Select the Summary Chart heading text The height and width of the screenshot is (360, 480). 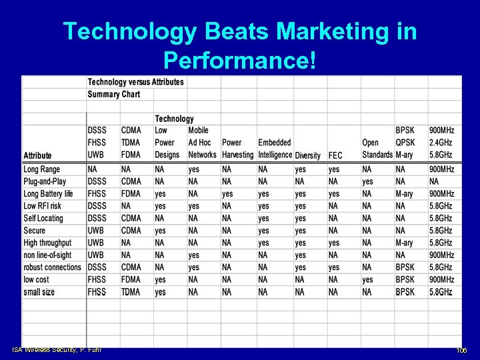click(x=113, y=94)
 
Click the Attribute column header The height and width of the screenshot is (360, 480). click(x=37, y=155)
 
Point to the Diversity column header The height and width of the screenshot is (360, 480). click(x=307, y=155)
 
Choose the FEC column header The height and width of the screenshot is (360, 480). click(x=335, y=155)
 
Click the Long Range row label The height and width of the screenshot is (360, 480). click(x=41, y=169)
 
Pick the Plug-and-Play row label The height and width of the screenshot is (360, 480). click(x=45, y=181)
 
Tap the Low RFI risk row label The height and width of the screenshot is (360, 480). click(x=43, y=206)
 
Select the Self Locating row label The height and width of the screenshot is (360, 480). click(x=43, y=218)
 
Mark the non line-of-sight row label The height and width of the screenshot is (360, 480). click(x=48, y=255)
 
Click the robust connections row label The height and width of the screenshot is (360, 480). click(x=52, y=267)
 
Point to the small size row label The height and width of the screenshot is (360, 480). click(x=39, y=292)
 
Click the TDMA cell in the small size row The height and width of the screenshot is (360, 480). click(x=131, y=292)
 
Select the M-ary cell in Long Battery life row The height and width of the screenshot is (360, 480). click(x=404, y=194)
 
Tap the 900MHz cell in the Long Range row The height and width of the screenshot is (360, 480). click(x=441, y=169)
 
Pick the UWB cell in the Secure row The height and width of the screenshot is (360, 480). click(x=95, y=231)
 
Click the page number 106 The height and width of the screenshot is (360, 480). click(x=461, y=351)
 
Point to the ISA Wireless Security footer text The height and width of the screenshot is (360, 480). click(x=57, y=349)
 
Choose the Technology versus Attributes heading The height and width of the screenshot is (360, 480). click(x=135, y=82)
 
